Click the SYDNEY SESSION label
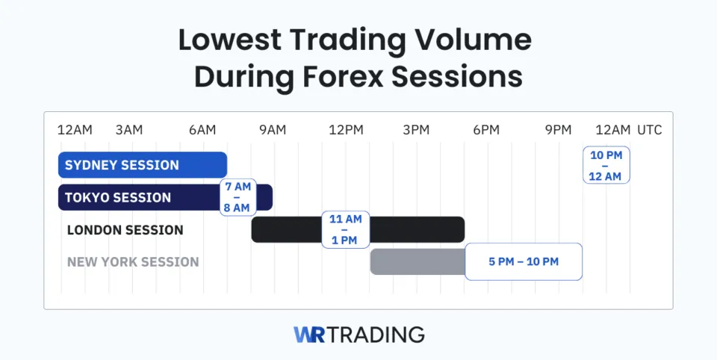click(122, 165)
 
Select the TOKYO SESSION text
click(118, 198)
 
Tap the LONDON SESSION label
click(125, 230)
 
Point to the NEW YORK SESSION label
click(133, 262)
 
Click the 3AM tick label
click(128, 130)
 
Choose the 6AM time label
click(202, 130)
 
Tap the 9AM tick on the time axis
click(273, 130)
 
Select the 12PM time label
click(346, 130)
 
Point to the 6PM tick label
click(486, 130)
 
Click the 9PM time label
click(558, 130)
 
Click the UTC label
click(650, 130)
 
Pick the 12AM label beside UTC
click(612, 130)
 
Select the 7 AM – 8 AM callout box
click(238, 197)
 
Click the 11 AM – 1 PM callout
click(346, 230)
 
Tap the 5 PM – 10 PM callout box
click(524, 262)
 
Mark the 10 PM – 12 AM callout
click(606, 165)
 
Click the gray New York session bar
click(417, 262)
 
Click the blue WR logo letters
click(310, 334)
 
